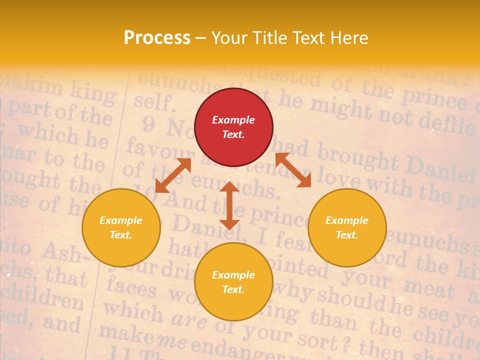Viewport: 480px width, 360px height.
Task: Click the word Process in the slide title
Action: pos(157,38)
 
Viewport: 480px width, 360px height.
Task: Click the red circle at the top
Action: pos(233,127)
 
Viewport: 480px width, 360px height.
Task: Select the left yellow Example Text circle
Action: pos(121,227)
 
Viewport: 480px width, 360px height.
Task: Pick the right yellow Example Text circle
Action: pos(347,227)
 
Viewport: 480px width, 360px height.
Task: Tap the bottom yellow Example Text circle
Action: pos(233,282)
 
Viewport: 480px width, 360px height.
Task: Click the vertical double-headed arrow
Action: pos(229,205)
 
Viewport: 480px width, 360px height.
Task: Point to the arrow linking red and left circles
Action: pos(173,175)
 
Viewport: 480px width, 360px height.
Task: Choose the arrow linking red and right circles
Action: pos(293,170)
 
